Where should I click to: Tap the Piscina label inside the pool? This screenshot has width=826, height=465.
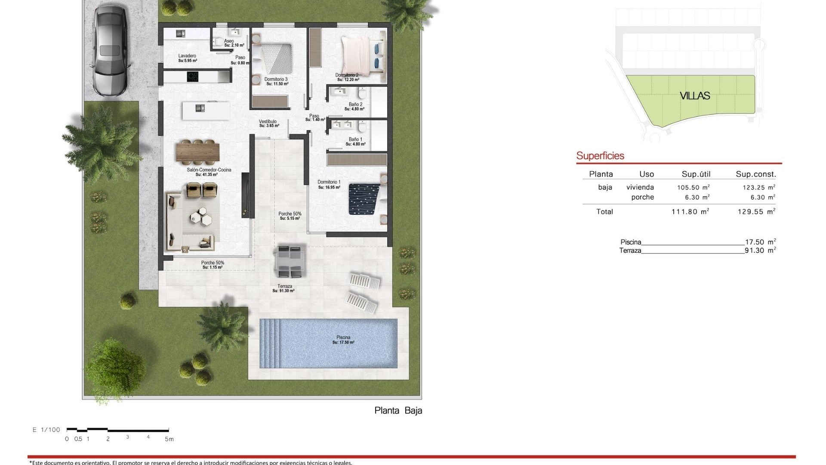(x=343, y=338)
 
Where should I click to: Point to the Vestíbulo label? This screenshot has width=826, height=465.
(x=268, y=122)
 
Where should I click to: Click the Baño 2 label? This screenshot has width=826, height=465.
(x=355, y=105)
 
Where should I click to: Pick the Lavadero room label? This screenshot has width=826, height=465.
(x=187, y=56)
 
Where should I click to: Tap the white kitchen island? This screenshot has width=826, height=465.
(x=206, y=111)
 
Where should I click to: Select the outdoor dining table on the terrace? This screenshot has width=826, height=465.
(x=290, y=261)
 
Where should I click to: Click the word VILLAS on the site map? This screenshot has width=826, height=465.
(x=695, y=96)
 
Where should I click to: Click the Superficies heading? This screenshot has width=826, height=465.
(x=600, y=156)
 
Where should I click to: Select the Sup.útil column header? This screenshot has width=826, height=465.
(x=696, y=174)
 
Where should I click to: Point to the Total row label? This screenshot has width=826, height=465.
(x=604, y=211)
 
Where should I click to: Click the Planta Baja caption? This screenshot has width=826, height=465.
(x=398, y=410)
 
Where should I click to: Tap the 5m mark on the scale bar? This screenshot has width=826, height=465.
(x=169, y=439)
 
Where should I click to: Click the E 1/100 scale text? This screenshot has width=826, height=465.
(x=46, y=430)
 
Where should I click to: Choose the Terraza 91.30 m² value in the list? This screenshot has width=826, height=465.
(x=760, y=251)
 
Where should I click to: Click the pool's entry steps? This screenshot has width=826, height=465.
(x=270, y=343)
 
